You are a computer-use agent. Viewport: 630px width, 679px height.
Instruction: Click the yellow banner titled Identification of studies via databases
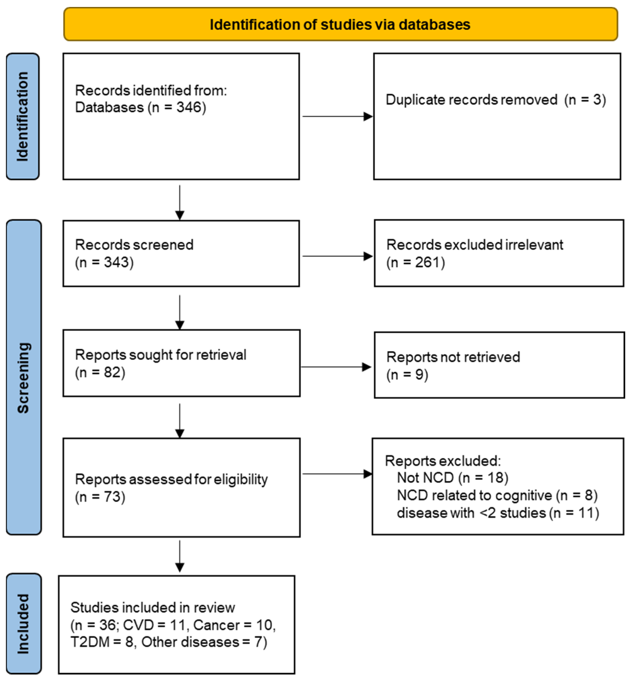pos(340,24)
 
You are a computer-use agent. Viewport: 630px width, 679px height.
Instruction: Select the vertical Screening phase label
pos(23,377)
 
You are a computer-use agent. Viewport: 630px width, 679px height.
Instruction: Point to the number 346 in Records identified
pos(189,108)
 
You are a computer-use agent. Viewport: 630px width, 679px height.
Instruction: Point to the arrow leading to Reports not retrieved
pos(336,367)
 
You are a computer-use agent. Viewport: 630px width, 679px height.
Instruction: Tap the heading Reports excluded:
pos(442,461)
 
